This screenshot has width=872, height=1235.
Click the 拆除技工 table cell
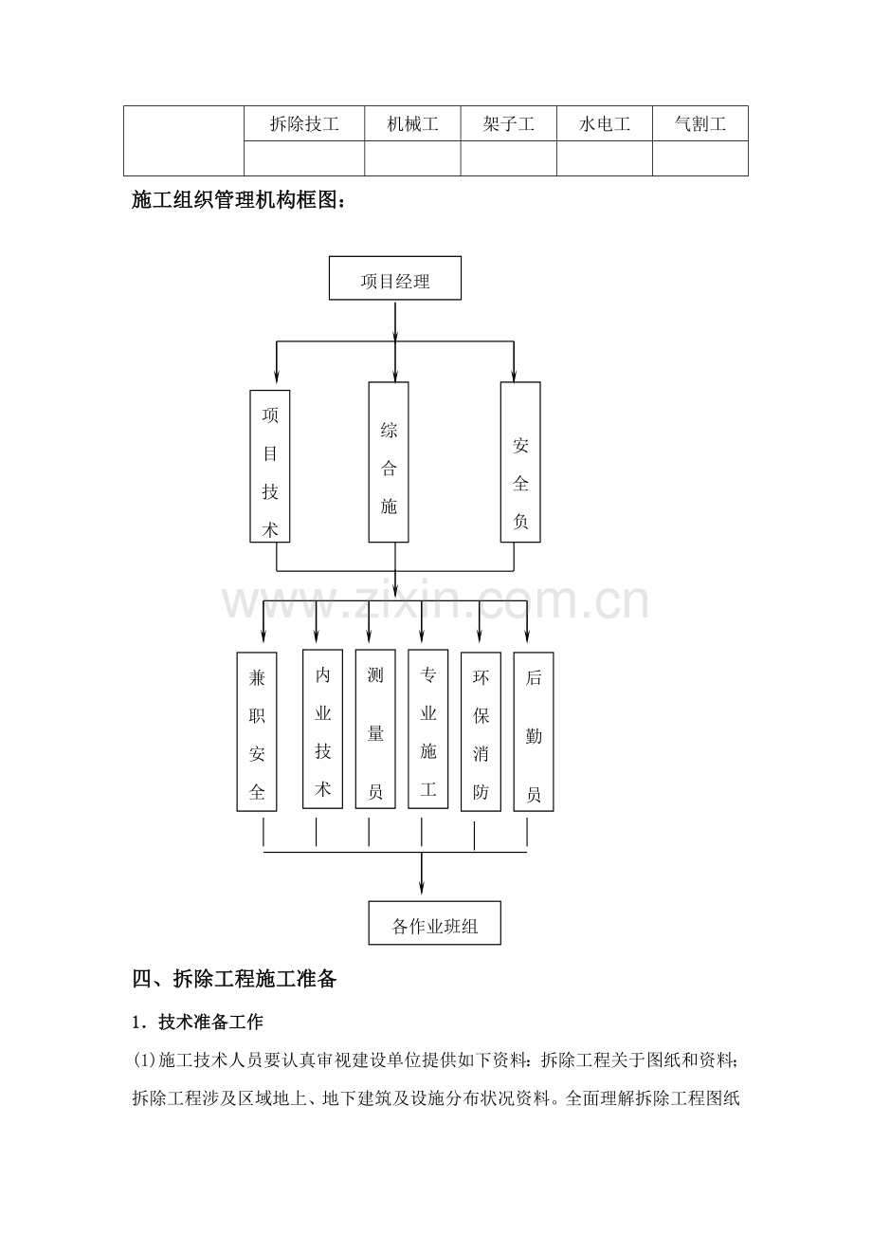point(304,123)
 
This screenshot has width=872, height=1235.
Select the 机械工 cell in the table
point(412,123)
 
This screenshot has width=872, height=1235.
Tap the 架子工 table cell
point(508,123)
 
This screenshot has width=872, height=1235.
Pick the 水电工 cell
point(605,123)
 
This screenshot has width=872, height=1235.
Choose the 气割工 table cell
point(700,123)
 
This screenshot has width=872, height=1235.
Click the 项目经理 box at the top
point(395,278)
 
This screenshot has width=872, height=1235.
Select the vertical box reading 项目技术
point(270,466)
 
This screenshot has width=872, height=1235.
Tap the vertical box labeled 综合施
point(389,462)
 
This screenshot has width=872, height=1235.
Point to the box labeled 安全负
point(520,462)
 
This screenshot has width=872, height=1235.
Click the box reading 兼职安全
point(257,731)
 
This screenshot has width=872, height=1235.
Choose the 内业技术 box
point(323,728)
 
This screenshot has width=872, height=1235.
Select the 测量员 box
point(375,728)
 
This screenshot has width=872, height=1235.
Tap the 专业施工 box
point(428,728)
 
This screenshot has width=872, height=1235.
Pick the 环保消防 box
point(481,731)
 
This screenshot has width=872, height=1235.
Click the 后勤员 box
point(534,731)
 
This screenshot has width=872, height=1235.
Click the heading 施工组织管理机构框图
point(240,199)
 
